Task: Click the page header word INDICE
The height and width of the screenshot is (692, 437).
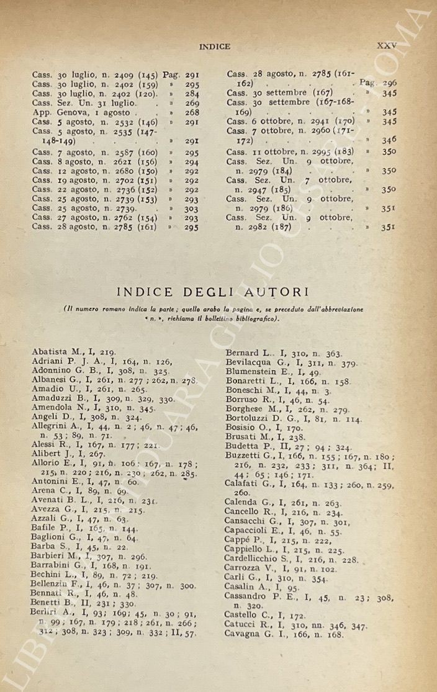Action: tap(214, 46)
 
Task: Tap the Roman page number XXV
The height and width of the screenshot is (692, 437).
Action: tap(386, 45)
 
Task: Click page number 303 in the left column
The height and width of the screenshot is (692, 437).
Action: tap(192, 210)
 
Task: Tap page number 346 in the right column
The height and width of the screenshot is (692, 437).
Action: tap(389, 141)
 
